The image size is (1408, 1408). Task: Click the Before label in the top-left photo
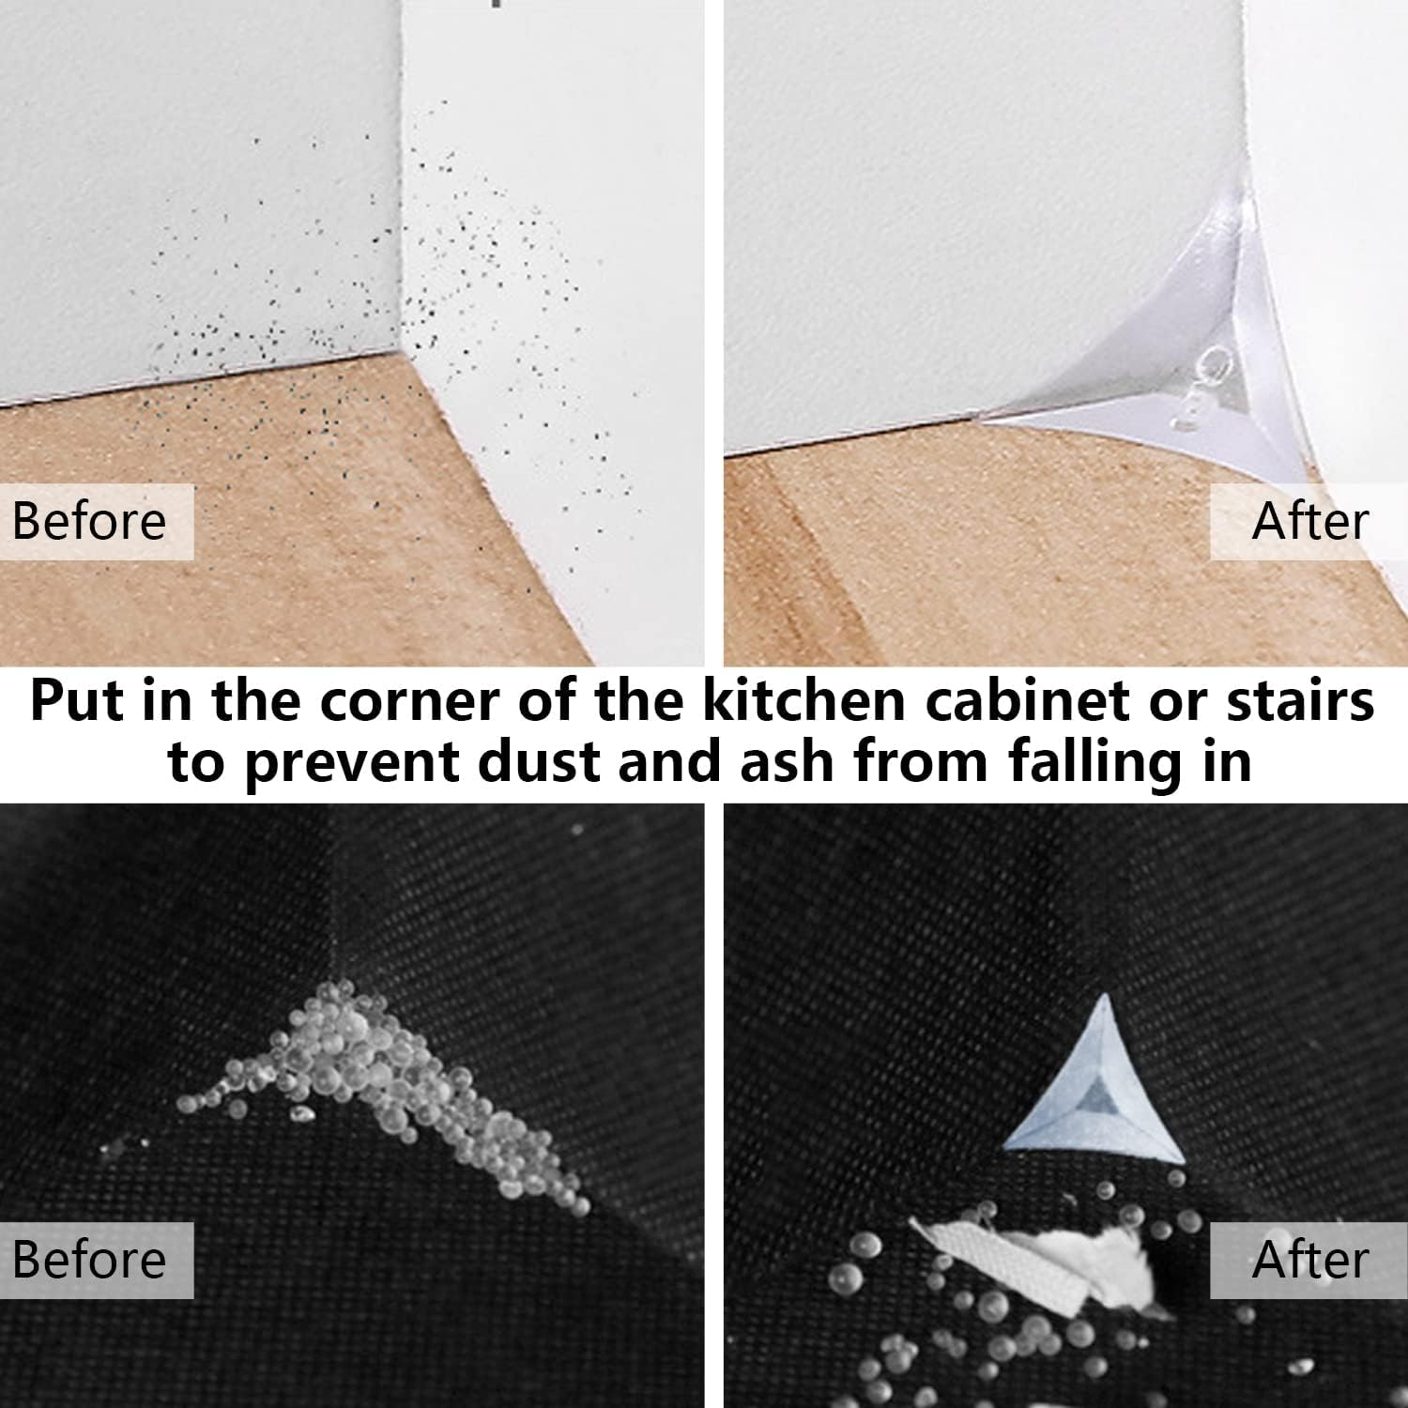[89, 521]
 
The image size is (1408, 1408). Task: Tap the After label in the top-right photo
[1310, 521]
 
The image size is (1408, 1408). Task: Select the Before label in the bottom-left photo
[89, 1260]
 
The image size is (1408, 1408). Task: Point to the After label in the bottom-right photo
[1310, 1260]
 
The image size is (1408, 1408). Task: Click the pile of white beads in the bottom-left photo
[375, 1079]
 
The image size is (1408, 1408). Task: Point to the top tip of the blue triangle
[1104, 999]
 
